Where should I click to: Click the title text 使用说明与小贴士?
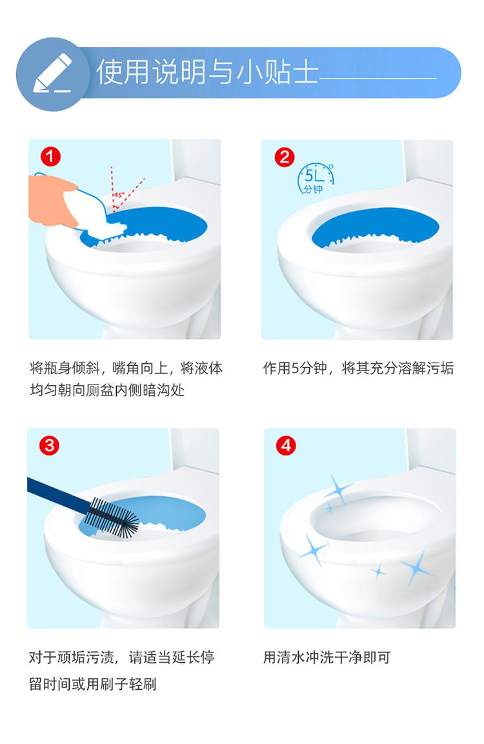(207, 72)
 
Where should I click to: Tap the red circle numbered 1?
(50, 157)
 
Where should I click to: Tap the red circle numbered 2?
(285, 157)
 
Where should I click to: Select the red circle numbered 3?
(49, 445)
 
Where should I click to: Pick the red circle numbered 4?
(286, 445)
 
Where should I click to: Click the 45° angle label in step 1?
(118, 194)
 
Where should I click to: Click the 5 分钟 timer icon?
(316, 179)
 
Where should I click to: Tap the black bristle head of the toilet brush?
(113, 518)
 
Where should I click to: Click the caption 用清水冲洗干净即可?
(327, 657)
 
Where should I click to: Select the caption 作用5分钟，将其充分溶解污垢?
(358, 368)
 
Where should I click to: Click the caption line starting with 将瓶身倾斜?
(126, 368)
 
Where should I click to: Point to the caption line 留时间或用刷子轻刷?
(92, 684)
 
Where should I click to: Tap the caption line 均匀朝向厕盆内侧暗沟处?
(106, 390)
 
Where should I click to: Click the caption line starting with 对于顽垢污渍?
(122, 657)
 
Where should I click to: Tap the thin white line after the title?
(378, 78)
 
